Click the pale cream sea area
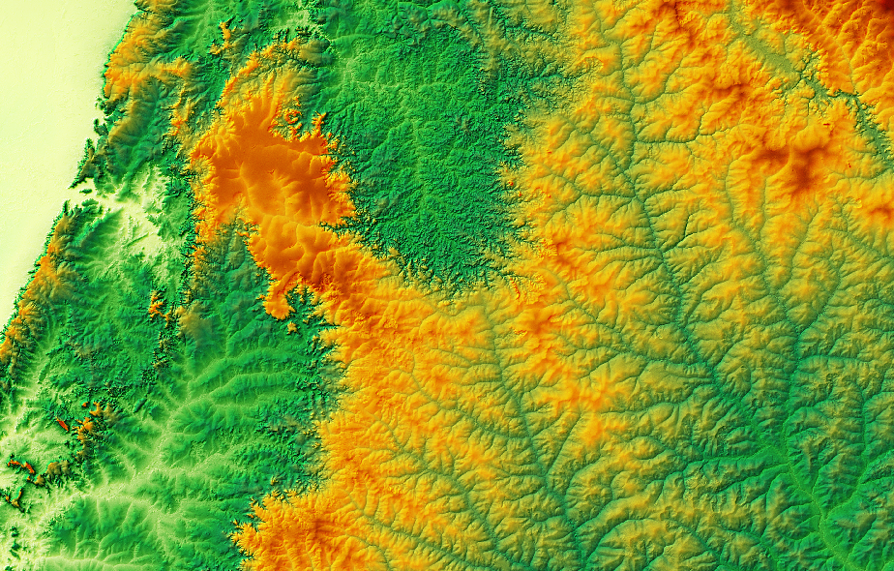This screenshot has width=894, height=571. click(x=39, y=116)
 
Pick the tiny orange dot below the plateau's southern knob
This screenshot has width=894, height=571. click(x=291, y=327)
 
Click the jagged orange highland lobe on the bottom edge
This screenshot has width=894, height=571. click(x=300, y=537)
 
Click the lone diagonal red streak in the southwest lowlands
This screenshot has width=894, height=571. click(x=63, y=424)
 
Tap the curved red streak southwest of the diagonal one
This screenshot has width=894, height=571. click(x=27, y=469)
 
